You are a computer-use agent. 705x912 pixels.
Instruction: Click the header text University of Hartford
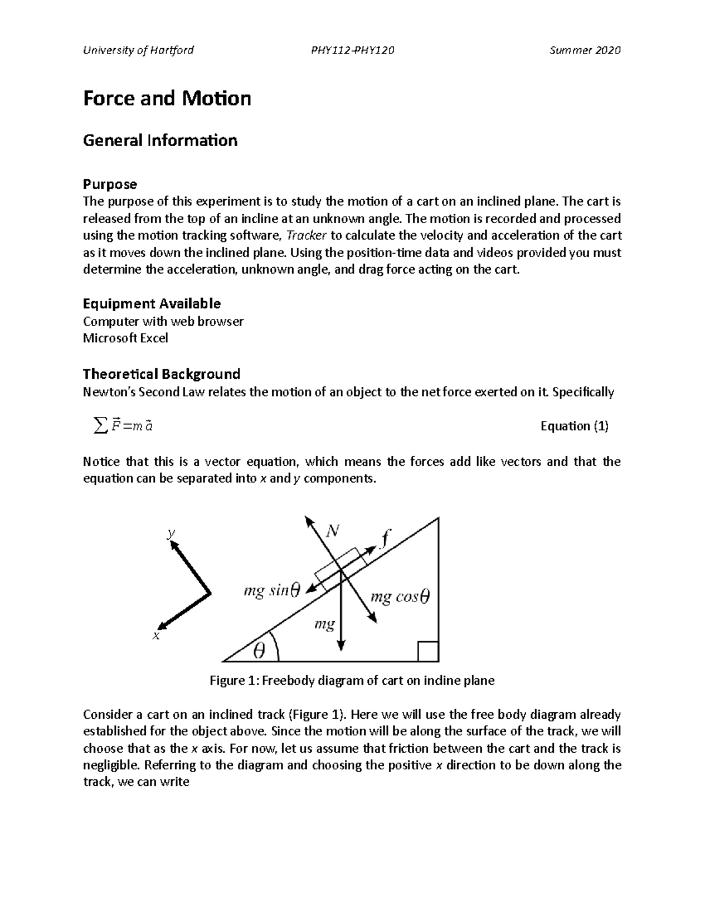[138, 50]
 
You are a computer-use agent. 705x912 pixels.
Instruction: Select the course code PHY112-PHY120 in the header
[352, 50]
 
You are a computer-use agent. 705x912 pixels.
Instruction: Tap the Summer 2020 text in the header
[585, 50]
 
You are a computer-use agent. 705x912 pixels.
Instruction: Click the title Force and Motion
[167, 98]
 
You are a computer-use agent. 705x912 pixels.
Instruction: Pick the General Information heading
[160, 140]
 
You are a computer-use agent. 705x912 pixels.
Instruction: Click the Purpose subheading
[110, 184]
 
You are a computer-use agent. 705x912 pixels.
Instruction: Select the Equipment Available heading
[152, 304]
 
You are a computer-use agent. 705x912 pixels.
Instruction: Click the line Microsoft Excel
[125, 338]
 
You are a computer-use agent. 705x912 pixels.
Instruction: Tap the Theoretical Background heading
[162, 374]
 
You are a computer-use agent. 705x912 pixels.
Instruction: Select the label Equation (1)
[574, 426]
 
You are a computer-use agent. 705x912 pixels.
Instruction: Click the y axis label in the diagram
[170, 533]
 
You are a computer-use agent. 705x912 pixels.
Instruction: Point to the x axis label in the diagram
[156, 636]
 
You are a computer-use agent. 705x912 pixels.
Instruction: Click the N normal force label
[333, 531]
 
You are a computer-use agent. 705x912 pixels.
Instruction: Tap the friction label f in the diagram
[385, 537]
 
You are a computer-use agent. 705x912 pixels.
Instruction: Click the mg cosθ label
[399, 597]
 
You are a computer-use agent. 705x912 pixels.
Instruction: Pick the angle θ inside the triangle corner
[258, 650]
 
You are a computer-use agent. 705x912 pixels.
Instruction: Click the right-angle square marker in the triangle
[428, 651]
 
